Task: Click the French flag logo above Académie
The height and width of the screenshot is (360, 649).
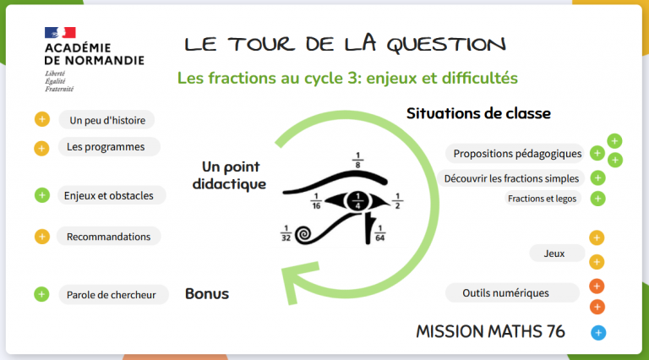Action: click(60, 33)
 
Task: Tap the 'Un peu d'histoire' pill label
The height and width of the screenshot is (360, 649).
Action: click(107, 120)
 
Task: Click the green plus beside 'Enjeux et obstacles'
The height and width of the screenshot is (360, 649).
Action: click(41, 195)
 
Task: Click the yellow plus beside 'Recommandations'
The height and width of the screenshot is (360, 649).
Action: click(41, 237)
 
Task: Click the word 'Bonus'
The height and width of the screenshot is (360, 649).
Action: click(207, 294)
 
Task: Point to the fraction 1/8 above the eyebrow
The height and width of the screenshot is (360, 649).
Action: click(358, 160)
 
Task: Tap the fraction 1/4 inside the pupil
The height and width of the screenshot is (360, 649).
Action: click(358, 200)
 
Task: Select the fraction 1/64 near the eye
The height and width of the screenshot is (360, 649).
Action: click(380, 233)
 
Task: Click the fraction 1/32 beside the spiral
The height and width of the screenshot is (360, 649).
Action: click(286, 233)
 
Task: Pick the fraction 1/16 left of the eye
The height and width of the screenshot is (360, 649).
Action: click(316, 201)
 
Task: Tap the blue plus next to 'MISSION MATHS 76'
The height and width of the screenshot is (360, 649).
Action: click(598, 333)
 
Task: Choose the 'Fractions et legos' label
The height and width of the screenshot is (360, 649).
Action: click(543, 199)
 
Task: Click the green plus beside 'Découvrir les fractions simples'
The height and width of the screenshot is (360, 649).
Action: click(597, 178)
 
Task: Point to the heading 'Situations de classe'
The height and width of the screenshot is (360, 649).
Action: click(478, 113)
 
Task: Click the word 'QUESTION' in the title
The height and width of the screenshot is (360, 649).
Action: click(446, 44)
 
